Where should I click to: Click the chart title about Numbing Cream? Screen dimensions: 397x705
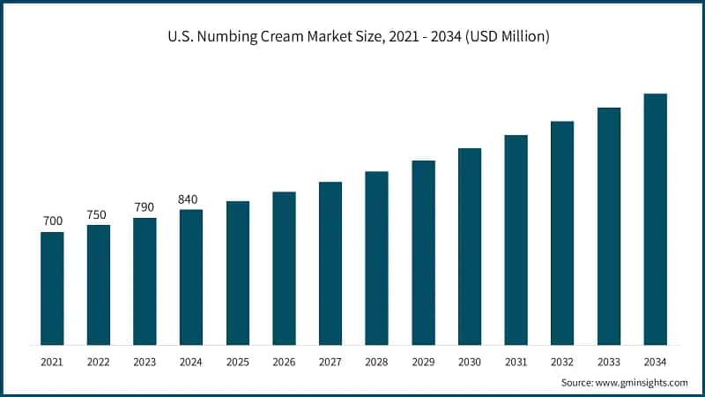pyautogui.click(x=352, y=37)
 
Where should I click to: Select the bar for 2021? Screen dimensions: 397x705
pyautogui.click(x=52, y=288)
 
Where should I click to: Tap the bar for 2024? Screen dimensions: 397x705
pyautogui.click(x=191, y=277)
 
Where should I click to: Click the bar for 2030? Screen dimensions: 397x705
pyautogui.click(x=470, y=246)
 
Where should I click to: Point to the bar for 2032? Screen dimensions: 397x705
pyautogui.click(x=562, y=233)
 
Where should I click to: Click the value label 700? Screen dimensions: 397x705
pyautogui.click(x=52, y=221)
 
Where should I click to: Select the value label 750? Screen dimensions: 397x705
pyautogui.click(x=99, y=214)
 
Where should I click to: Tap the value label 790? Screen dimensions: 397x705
pyautogui.click(x=145, y=207)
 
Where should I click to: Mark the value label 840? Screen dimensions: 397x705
pyautogui.click(x=191, y=198)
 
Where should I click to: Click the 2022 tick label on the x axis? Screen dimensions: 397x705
pyautogui.click(x=99, y=362)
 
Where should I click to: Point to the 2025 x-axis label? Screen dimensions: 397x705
pyautogui.click(x=238, y=362)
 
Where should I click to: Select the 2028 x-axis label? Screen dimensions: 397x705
pyautogui.click(x=376, y=362)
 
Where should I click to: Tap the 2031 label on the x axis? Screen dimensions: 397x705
pyautogui.click(x=516, y=362)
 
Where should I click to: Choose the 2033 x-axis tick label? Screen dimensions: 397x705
pyautogui.click(x=609, y=362)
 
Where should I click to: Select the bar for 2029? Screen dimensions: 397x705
pyautogui.click(x=423, y=252)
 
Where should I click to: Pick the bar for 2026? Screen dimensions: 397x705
pyautogui.click(x=284, y=268)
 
